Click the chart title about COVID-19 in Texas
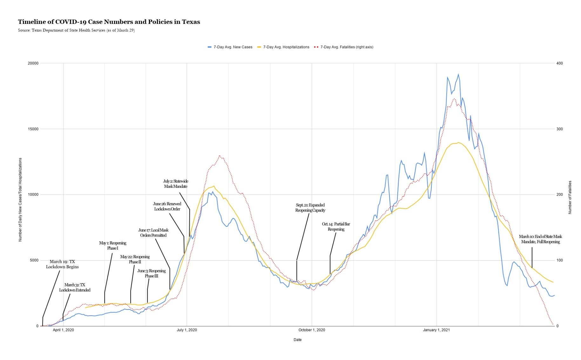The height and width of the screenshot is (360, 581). point(109,22)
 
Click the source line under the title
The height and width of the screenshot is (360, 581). point(76,30)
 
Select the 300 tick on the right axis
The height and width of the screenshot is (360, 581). point(559,129)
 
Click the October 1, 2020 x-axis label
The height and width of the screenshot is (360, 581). point(312,330)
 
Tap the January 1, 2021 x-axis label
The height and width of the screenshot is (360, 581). point(436,330)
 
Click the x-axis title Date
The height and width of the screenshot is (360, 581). point(297,340)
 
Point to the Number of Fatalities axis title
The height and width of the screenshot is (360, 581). point(570,197)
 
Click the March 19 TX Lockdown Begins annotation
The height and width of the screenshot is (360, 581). point(62,264)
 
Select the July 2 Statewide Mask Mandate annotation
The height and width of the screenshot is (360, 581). point(176,184)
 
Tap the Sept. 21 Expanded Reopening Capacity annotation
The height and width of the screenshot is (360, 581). point(310,208)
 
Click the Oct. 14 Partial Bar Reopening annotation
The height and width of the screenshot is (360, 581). point(336,226)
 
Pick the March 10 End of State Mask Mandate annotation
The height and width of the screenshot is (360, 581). point(540,239)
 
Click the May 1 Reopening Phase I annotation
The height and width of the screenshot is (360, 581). point(112,245)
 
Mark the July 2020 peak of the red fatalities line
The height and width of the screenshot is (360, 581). point(220,156)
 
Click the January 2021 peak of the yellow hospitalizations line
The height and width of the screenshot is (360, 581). point(458,143)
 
